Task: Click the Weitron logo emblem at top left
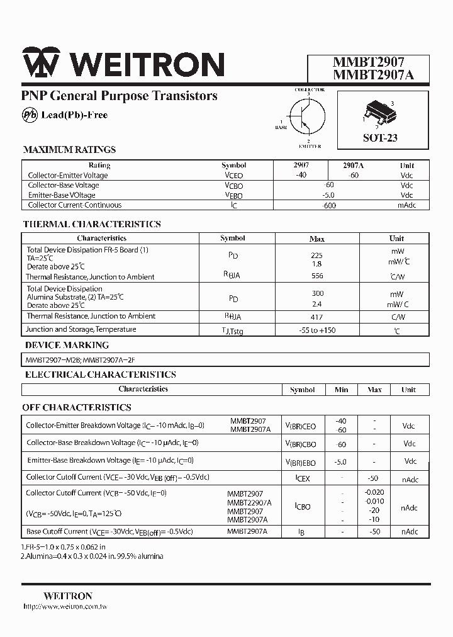click(41, 64)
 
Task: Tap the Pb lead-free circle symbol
click(30, 115)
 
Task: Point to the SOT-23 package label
click(380, 138)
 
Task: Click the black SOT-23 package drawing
click(377, 113)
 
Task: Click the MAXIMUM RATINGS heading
click(69, 150)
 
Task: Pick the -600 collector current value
click(328, 205)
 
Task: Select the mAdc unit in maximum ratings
click(406, 205)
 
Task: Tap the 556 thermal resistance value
click(317, 276)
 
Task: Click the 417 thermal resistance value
click(317, 317)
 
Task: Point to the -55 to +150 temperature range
click(317, 330)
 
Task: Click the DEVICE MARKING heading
click(67, 345)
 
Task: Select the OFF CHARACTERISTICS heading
click(77, 407)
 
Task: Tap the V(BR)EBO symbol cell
click(302, 461)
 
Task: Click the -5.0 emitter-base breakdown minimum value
click(341, 461)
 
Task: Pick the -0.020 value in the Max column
click(374, 492)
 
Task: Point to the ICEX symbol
click(303, 479)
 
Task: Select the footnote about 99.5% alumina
click(92, 556)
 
